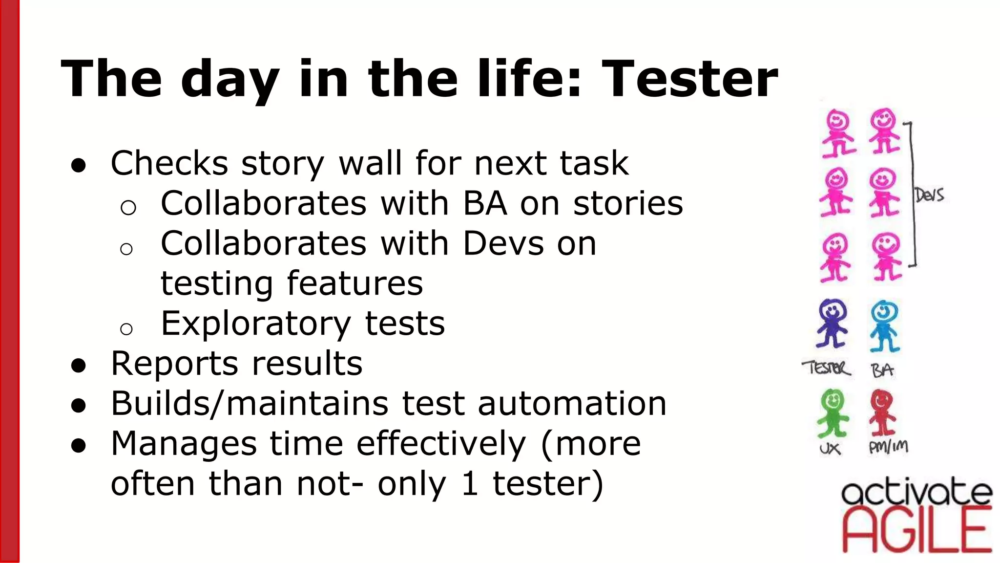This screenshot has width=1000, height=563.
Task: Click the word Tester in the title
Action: pyautogui.click(x=689, y=79)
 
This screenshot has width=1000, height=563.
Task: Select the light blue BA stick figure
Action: pyautogui.click(x=885, y=326)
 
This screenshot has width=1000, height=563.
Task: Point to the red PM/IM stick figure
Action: pyautogui.click(x=882, y=412)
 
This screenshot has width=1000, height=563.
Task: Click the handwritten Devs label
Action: pyautogui.click(x=929, y=195)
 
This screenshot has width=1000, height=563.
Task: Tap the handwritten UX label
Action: pyautogui.click(x=830, y=449)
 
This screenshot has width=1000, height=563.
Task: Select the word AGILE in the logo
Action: pyautogui.click(x=917, y=531)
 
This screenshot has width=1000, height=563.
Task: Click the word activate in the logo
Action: pyautogui.click(x=917, y=493)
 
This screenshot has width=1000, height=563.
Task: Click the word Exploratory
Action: pyautogui.click(x=256, y=324)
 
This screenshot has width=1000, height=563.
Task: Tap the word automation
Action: pyautogui.click(x=572, y=404)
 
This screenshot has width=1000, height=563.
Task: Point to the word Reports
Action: pyautogui.click(x=174, y=364)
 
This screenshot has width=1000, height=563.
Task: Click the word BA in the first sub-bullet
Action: pyautogui.click(x=484, y=203)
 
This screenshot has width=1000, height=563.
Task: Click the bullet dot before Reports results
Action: pyautogui.click(x=79, y=366)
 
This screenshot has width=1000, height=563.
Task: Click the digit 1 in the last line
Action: pyautogui.click(x=469, y=484)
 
